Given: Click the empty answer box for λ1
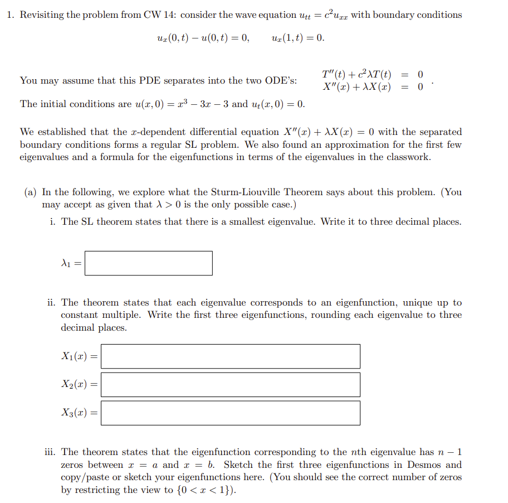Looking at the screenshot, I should (x=148, y=263).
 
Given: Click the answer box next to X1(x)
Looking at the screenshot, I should (x=230, y=356).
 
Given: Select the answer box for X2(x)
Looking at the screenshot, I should (x=230, y=385).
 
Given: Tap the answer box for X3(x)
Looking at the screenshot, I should (x=230, y=413).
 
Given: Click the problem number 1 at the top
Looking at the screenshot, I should (x=11, y=15).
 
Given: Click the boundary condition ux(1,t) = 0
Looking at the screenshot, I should (x=298, y=38).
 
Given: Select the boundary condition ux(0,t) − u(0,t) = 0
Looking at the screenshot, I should (x=203, y=38).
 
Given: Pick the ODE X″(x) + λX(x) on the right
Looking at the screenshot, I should (x=356, y=87).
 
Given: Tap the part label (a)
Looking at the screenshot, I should (x=31, y=192).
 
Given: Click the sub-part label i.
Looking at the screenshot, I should (x=52, y=222).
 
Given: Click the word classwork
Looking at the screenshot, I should (x=406, y=157).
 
